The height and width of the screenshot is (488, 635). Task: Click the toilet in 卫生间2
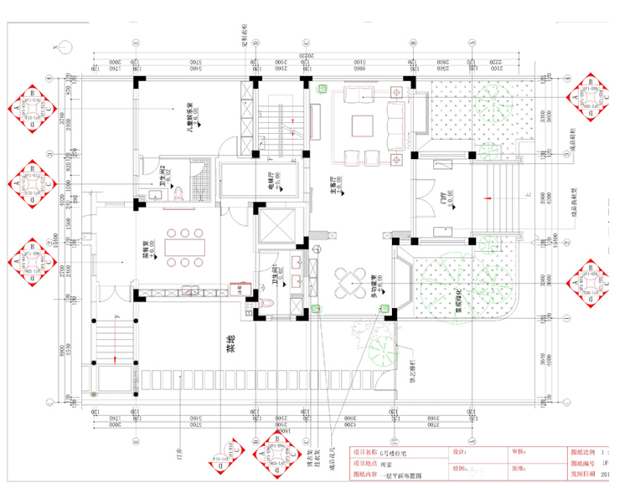point(180,193)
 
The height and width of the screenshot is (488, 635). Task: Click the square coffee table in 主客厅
point(363,126)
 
